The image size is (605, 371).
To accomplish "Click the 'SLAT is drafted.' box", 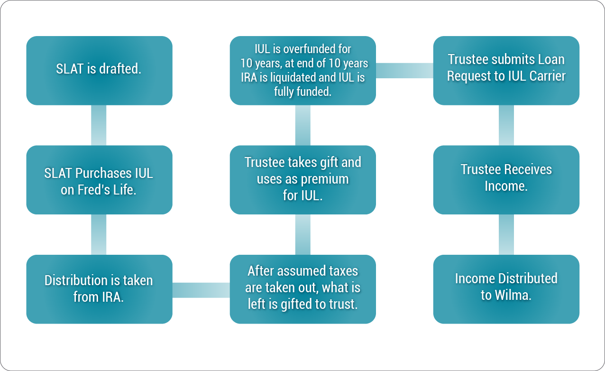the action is pos(100,71).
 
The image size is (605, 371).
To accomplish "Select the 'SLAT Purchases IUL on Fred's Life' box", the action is pos(100,180).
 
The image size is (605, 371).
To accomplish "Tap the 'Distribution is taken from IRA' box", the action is pos(100,289).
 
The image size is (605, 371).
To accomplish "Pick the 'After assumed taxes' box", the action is pos(303,289).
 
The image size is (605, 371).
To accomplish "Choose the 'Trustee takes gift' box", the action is pos(303,180).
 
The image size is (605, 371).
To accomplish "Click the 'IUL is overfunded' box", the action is pos(303,71).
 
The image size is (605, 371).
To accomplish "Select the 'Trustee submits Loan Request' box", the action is pos(506,71).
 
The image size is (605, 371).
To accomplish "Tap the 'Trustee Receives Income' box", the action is pos(506,180).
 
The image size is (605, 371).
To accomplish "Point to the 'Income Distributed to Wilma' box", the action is pos(506,289).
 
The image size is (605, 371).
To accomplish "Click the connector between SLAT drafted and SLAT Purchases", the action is pos(99,125).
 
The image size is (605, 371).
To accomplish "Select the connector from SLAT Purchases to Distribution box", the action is pos(99,234).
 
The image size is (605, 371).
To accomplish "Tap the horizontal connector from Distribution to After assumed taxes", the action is pos(201,290).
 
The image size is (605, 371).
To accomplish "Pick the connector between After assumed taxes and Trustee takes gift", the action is pos(303,234).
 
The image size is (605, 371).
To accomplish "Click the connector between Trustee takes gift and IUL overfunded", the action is pos(303,125).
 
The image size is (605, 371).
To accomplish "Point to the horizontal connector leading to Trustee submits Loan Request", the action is pos(404,71).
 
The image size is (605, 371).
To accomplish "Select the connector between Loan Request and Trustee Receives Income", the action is pos(506,125).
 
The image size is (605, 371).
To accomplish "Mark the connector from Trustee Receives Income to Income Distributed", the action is pos(506,234).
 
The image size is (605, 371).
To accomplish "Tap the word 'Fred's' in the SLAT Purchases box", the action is pos(94,190).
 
